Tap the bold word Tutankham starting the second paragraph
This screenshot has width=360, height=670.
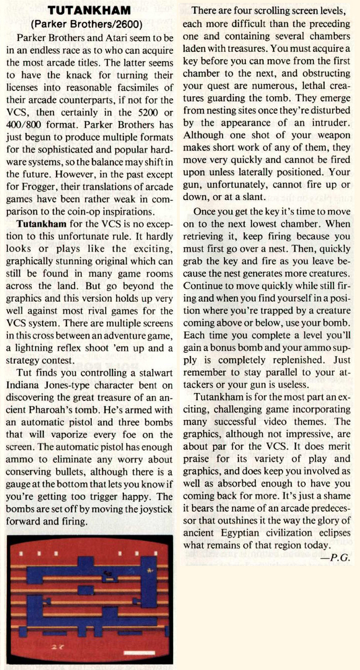click(x=41, y=223)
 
